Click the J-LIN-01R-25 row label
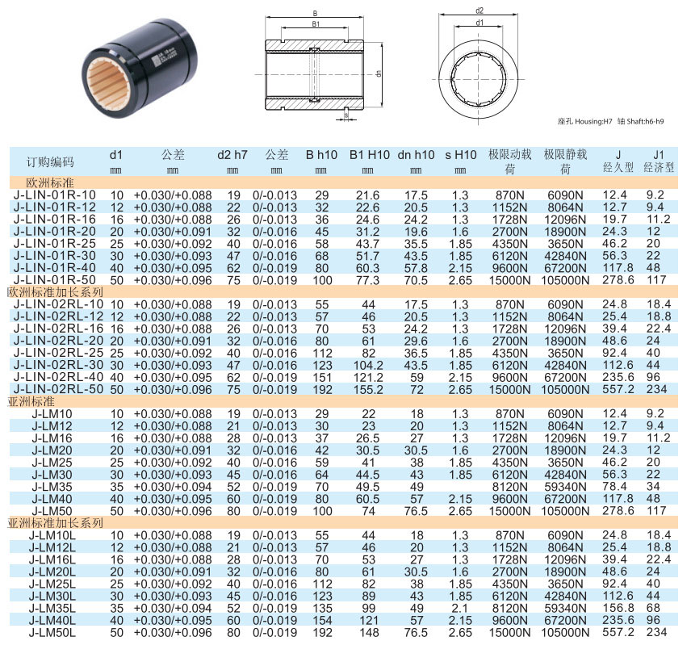coord(54,244)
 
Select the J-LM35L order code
coord(52,609)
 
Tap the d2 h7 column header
coord(232,155)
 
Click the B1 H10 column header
coord(369,155)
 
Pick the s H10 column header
coord(460,155)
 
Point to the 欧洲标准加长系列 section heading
coord(56,292)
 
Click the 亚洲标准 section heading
coord(31,401)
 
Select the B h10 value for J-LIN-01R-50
coord(322,280)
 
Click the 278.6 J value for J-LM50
coord(618,511)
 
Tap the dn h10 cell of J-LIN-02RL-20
coord(416,341)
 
